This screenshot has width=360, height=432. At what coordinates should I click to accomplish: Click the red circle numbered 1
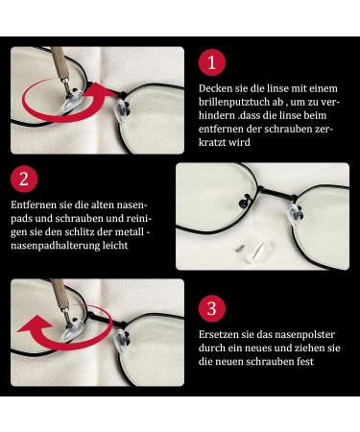[212, 62]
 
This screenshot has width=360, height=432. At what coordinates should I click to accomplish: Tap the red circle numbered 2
[24, 179]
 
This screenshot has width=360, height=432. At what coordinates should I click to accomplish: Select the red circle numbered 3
[212, 309]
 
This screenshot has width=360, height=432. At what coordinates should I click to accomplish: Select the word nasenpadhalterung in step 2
[56, 246]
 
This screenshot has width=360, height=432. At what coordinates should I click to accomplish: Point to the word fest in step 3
[304, 362]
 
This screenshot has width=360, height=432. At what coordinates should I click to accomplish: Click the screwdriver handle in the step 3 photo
[60, 292]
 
